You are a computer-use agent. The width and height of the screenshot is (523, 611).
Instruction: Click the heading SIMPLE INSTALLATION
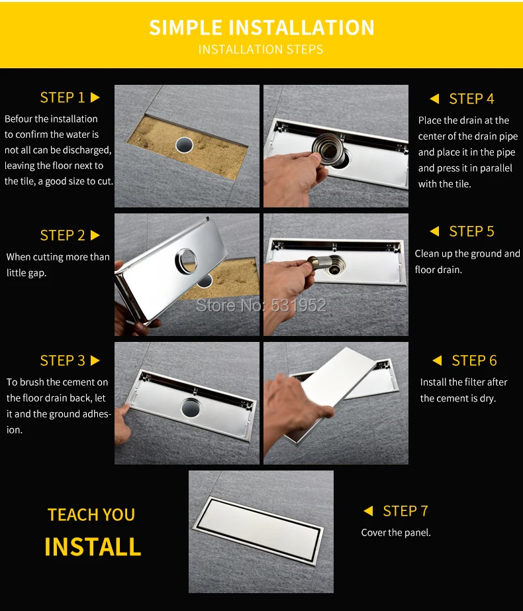[261, 28]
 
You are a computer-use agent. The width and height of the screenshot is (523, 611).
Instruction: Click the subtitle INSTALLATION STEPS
[261, 50]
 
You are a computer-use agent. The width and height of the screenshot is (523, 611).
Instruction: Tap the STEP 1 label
[62, 97]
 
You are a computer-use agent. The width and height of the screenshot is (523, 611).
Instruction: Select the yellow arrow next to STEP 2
[95, 235]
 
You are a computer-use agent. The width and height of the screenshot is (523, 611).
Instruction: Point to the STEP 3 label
[62, 361]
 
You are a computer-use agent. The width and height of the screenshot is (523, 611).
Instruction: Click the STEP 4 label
[471, 99]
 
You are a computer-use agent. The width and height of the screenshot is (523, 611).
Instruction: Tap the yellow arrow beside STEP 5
[435, 231]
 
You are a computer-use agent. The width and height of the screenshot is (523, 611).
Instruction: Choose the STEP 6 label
[474, 361]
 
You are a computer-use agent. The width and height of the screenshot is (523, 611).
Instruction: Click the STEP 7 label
[405, 511]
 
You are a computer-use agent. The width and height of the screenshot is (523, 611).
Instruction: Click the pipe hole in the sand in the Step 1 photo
[184, 145]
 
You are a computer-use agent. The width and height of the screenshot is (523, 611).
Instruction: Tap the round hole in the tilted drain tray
[187, 260]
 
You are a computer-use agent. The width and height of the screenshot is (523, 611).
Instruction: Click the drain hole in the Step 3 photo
[191, 407]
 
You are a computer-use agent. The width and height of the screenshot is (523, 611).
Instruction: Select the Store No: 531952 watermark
[261, 305]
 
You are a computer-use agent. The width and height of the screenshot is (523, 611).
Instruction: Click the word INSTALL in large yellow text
[93, 547]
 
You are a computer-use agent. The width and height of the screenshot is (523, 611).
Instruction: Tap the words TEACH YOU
[91, 515]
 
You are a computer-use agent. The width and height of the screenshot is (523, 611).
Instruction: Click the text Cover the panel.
[396, 533]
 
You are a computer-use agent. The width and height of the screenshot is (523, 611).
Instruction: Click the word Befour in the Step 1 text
[19, 119]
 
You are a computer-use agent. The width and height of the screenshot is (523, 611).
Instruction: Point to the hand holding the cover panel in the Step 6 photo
[296, 406]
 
